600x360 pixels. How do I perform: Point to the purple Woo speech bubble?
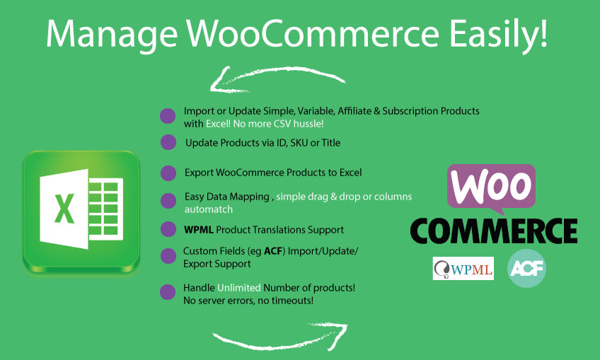(490, 187)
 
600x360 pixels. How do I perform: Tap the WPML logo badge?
(463, 268)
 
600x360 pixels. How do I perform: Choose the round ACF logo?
(526, 268)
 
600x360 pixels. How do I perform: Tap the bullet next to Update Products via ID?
(168, 142)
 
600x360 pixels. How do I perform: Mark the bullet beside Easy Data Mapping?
(168, 201)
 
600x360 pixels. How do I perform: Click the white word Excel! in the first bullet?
(220, 123)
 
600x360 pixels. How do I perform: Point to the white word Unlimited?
(239, 288)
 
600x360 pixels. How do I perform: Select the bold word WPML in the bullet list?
(198, 230)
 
